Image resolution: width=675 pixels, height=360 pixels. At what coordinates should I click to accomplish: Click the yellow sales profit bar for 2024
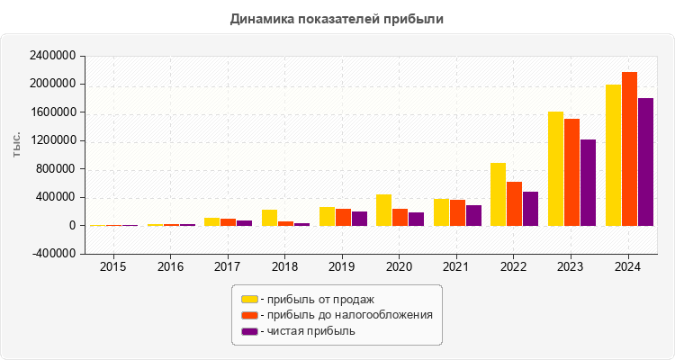click(613, 155)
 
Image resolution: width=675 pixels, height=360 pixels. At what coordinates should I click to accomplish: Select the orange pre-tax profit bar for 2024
click(629, 148)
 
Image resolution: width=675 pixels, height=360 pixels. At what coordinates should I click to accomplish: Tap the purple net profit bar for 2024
click(645, 162)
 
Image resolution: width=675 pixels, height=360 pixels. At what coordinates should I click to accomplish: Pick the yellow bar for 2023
click(555, 168)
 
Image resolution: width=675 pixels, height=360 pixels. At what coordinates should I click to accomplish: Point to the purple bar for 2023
click(588, 183)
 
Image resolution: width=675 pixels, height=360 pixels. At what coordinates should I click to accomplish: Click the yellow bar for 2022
click(498, 194)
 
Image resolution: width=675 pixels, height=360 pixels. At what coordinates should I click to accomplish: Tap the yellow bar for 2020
click(383, 210)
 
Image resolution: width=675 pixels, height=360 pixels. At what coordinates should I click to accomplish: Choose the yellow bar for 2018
click(269, 218)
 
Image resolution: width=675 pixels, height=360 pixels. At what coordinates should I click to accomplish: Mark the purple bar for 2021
click(473, 215)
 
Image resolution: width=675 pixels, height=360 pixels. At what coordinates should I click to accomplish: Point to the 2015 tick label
click(113, 267)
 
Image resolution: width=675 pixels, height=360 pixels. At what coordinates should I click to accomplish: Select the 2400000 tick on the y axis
click(52, 56)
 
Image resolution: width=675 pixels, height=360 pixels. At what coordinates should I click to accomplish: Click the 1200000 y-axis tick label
click(52, 141)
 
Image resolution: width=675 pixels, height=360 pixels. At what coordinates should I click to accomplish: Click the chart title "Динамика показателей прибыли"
click(337, 18)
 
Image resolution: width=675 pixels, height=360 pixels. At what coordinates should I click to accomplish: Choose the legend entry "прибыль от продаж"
click(316, 299)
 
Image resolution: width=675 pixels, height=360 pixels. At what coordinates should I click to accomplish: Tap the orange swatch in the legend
click(249, 315)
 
